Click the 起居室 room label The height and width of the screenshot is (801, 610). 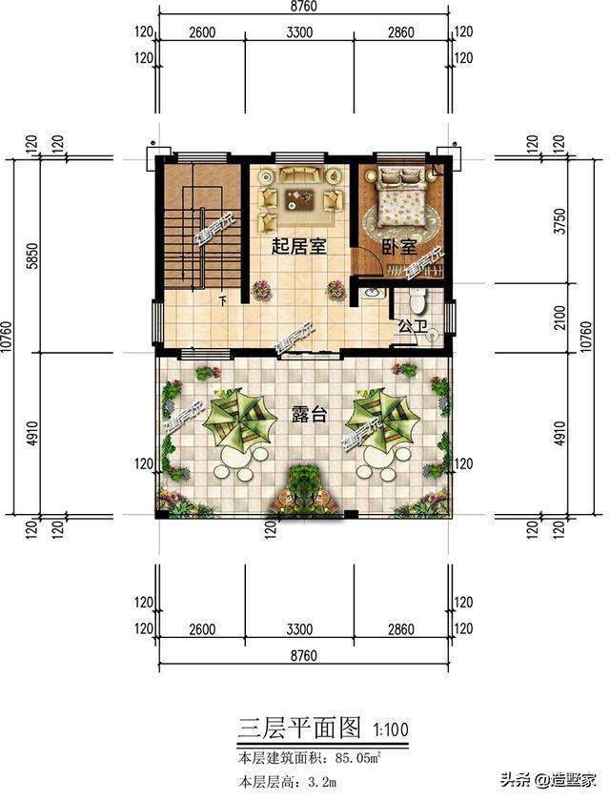coord(298,247)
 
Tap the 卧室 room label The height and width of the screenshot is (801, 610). coord(399,247)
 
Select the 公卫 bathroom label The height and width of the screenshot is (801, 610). coord(411,327)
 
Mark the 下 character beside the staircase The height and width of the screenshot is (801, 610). coord(222,302)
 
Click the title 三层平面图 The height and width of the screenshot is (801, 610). coord(298,729)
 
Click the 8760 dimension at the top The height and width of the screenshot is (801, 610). coord(303,9)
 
